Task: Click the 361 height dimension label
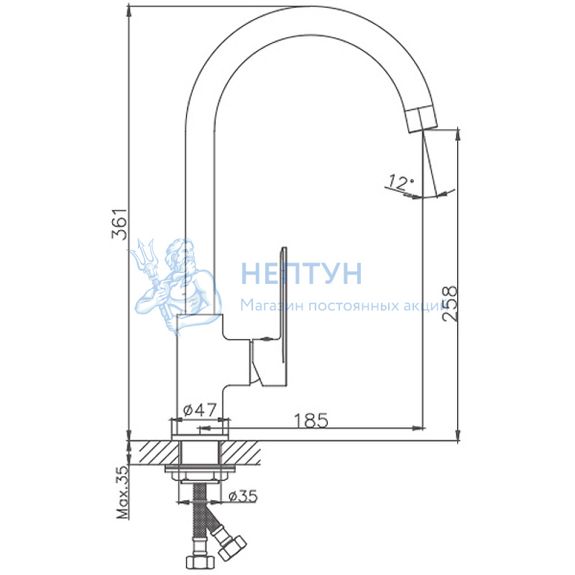point(119,224)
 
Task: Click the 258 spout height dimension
point(450,304)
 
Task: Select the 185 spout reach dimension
point(311,420)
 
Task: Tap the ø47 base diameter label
point(200,410)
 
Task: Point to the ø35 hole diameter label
point(243,497)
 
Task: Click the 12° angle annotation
point(401,183)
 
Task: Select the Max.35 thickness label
point(123,492)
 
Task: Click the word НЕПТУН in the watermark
point(301,273)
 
